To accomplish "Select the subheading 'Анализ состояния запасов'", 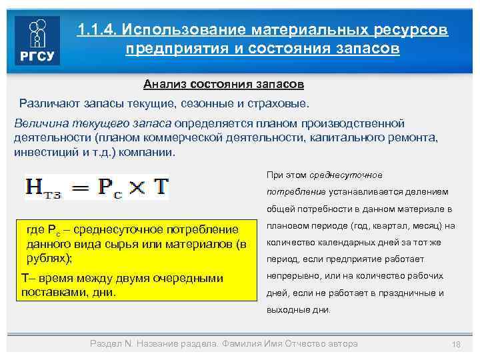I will click(224, 85).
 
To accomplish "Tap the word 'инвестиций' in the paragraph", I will click(41, 151).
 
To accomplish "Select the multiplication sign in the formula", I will click(137, 187).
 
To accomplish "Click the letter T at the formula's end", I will click(161, 186).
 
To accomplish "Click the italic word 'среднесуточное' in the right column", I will click(347, 175).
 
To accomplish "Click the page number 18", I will click(457, 344).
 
